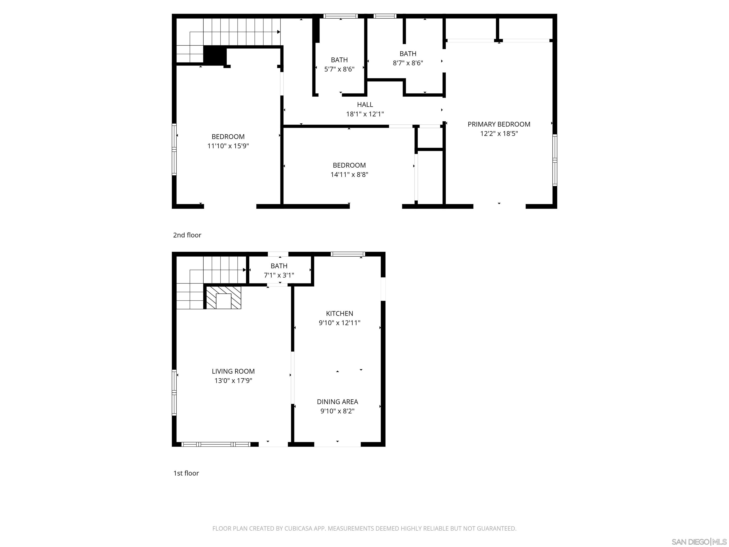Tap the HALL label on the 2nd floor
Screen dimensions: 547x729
[365, 104]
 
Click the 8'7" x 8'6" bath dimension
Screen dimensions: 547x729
[408, 63]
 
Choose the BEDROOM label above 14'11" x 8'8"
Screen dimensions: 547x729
[349, 165]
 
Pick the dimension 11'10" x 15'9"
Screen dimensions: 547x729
[228, 146]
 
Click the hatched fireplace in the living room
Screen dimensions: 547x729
[224, 297]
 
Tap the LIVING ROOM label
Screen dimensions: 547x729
[233, 371]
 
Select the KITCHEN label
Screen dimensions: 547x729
[339, 314]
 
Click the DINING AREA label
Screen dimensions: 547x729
[337, 402]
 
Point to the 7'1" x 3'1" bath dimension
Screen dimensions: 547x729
[279, 275]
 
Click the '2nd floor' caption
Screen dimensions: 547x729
[187, 235]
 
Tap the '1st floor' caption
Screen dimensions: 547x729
[186, 473]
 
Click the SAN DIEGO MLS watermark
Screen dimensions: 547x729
[699, 542]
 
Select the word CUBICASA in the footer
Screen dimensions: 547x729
[298, 528]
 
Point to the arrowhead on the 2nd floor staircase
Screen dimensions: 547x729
[279, 32]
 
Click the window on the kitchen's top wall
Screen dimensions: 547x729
[348, 254]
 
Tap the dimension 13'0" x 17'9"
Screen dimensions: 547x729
[233, 381]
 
